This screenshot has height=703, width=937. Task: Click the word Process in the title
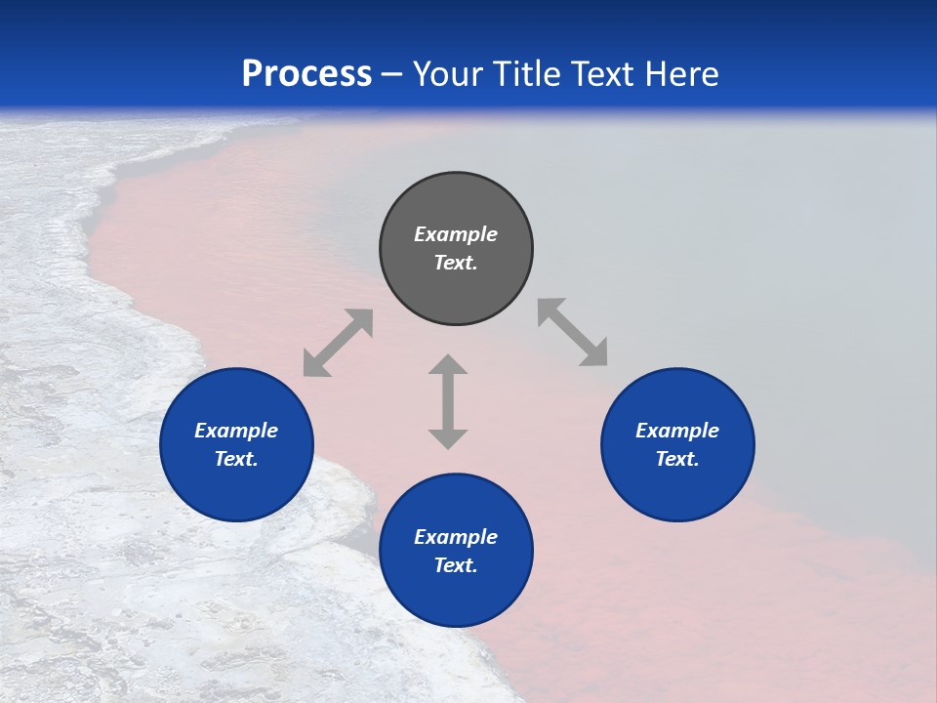(x=306, y=74)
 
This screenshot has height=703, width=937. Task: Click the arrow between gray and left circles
(x=338, y=343)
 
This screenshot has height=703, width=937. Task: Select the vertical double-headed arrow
(x=448, y=401)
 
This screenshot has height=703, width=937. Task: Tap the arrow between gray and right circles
(x=572, y=332)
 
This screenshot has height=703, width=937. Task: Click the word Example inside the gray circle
(x=456, y=234)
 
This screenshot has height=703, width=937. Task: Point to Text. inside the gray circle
(x=456, y=263)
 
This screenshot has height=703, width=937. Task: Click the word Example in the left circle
(x=236, y=431)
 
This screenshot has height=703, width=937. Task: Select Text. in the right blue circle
(x=677, y=459)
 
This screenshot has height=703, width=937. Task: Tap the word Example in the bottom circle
(x=456, y=537)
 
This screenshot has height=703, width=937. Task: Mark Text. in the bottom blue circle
(x=456, y=565)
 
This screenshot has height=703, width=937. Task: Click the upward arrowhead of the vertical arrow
(x=448, y=365)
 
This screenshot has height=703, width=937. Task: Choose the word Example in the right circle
(x=677, y=431)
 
